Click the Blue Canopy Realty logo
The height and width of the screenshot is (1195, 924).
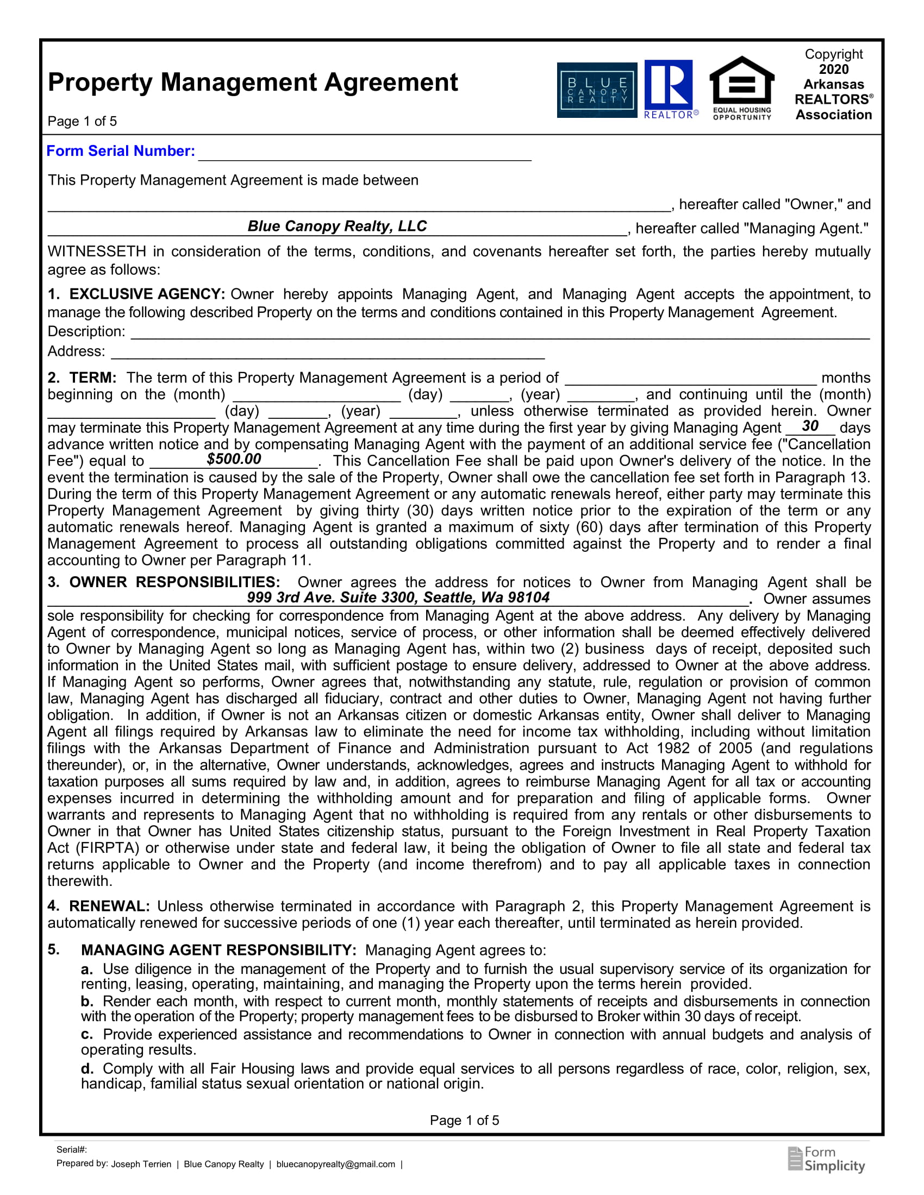(597, 90)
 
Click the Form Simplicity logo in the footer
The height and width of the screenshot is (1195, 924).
(827, 1159)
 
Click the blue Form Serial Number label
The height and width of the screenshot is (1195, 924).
(121, 151)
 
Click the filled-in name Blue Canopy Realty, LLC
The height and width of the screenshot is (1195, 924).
(336, 226)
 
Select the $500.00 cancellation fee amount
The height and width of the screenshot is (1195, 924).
(234, 459)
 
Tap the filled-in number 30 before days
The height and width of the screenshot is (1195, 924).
(810, 426)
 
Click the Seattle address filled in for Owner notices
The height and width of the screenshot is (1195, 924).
(398, 597)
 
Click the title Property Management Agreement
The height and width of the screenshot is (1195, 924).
(253, 82)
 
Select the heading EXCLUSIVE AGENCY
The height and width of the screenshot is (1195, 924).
(147, 294)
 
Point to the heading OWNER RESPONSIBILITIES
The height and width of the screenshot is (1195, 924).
(174, 582)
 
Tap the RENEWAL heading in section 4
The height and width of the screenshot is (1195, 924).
(109, 906)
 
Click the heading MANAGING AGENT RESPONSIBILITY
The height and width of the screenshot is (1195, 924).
(218, 950)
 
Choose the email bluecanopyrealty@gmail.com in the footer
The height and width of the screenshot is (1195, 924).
(335, 1165)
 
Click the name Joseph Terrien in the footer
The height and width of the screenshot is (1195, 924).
(141, 1165)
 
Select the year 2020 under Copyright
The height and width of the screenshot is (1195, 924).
(833, 70)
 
